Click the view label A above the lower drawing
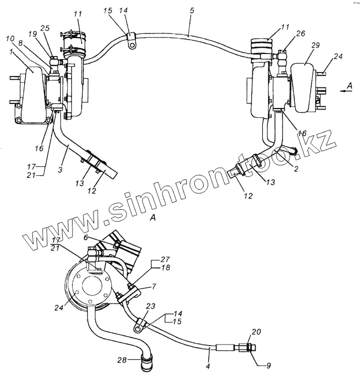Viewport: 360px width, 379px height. (152, 218)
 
